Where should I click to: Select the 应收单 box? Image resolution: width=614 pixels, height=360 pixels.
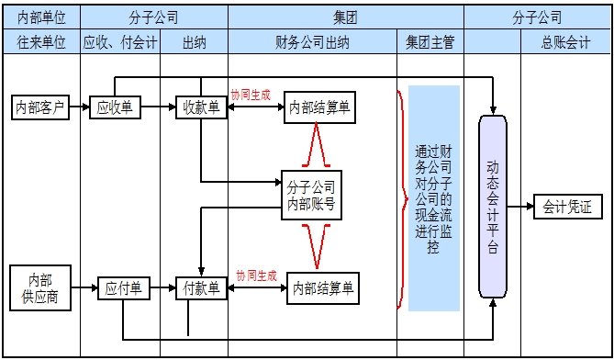click(116, 107)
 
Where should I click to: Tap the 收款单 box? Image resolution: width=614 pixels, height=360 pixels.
click(202, 107)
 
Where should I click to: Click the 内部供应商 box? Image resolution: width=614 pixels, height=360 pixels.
click(39, 287)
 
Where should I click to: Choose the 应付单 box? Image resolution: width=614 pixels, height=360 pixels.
click(123, 288)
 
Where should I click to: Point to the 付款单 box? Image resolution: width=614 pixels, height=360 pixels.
click(202, 288)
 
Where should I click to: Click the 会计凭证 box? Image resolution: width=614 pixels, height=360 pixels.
click(567, 207)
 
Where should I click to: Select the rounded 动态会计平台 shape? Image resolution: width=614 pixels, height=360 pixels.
click(493, 207)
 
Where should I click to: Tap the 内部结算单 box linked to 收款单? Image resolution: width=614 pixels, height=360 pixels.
click(319, 107)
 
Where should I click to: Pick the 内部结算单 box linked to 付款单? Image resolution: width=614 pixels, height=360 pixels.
click(322, 288)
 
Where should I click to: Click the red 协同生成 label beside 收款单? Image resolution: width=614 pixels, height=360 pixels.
click(251, 94)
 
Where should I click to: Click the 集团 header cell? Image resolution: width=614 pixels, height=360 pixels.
click(346, 17)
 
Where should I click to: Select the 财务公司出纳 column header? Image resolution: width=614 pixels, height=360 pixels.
click(312, 42)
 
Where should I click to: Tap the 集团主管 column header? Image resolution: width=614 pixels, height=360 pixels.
click(430, 42)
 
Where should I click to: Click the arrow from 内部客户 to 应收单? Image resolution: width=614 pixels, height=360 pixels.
click(80, 107)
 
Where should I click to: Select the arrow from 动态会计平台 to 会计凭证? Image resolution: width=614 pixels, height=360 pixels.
click(519, 207)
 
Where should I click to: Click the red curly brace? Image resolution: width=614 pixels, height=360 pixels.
click(401, 197)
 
